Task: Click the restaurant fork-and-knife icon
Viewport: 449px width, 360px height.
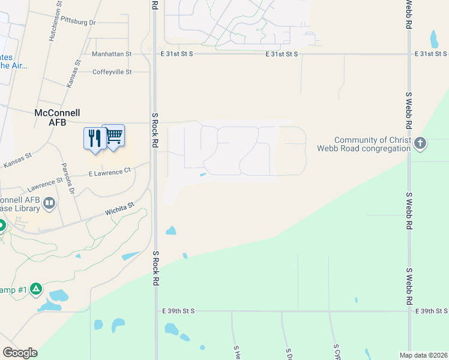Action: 93,139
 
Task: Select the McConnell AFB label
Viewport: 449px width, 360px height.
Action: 57,117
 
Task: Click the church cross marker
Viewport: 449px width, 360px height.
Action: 420,143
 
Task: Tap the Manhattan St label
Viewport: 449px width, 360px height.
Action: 112,54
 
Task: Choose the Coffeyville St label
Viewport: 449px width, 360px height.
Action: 112,72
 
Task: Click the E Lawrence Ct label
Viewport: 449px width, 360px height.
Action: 109,172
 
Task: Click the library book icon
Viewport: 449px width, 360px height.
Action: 49,204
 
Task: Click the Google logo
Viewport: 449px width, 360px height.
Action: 20,353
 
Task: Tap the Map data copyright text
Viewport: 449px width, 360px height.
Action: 423,355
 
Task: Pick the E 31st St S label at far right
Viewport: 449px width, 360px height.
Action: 431,54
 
